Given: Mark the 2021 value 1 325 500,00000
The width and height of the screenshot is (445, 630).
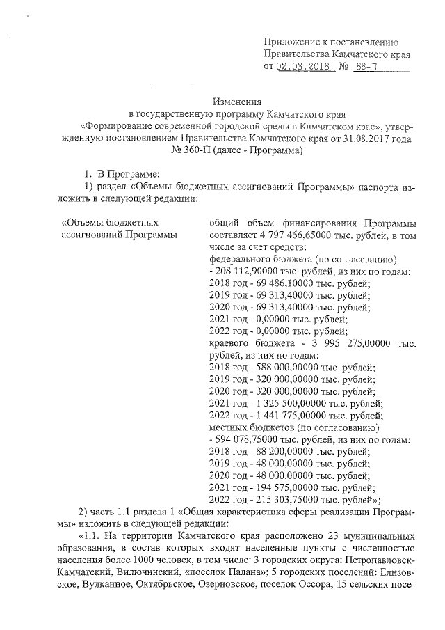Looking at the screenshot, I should (x=284, y=403).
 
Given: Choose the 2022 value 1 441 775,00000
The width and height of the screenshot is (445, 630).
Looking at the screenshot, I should (x=284, y=415).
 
